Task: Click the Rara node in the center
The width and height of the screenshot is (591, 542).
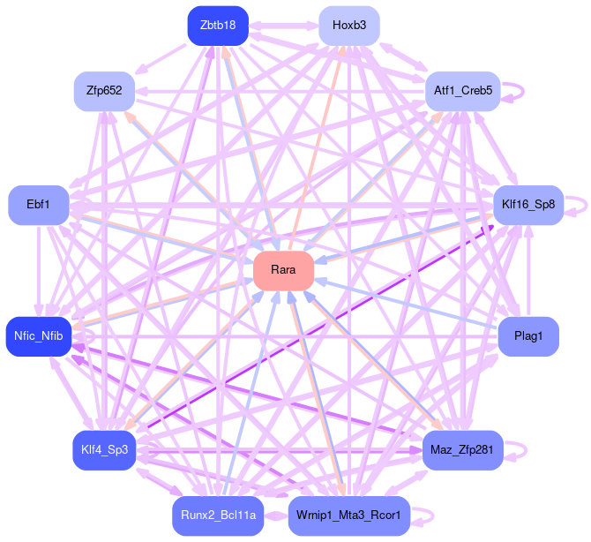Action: [284, 270]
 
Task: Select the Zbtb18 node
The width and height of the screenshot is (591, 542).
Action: [217, 25]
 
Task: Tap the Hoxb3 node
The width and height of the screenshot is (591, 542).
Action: [349, 25]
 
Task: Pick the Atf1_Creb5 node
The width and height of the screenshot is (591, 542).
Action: [463, 90]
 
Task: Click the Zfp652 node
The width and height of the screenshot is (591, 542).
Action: [104, 90]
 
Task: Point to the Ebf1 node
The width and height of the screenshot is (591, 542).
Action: [38, 204]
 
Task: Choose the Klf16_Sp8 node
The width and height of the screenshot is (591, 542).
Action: [527, 204]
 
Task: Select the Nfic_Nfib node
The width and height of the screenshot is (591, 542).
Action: [38, 335]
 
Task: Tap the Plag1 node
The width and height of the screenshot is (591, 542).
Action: [527, 335]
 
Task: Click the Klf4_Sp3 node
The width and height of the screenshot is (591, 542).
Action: [104, 450]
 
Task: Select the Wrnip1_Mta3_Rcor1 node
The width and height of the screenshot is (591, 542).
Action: [348, 516]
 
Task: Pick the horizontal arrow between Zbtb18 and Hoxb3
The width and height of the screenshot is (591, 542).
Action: [282, 26]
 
